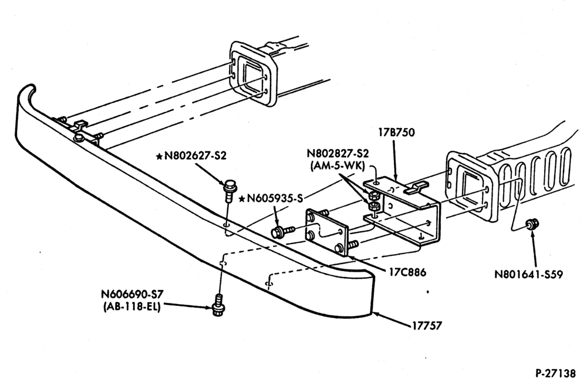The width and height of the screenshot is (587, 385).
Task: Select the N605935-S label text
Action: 274,198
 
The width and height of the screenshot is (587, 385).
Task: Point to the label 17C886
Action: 407,272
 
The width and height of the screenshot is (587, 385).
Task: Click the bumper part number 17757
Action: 427,326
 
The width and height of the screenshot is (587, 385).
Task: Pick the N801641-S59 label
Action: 529,274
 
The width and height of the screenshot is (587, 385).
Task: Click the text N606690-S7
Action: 132,294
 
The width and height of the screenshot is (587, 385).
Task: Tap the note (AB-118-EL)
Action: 131,307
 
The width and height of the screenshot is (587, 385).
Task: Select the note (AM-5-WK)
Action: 338,166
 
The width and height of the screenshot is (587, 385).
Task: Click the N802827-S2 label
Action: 338,153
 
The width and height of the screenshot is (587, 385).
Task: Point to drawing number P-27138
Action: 555,373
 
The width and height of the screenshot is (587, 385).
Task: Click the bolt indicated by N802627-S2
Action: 229,190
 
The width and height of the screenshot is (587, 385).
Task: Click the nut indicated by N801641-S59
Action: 530,225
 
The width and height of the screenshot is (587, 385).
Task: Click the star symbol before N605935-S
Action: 242,198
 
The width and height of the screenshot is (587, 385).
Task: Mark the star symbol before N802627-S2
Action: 160,156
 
